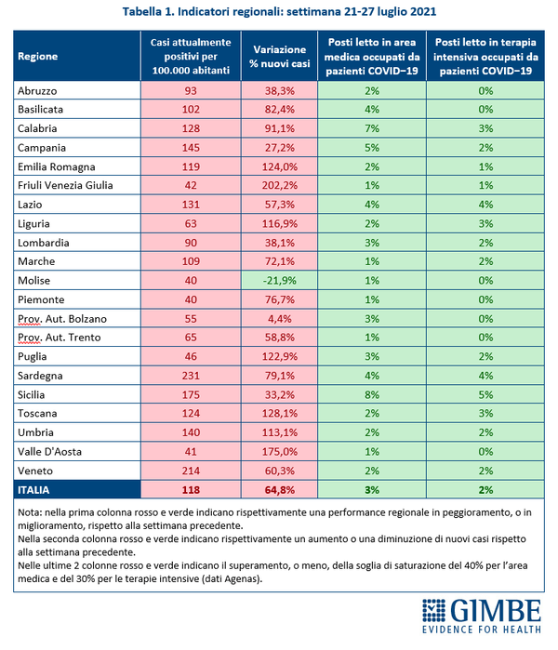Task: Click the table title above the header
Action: pos(278,12)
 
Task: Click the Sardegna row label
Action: pos(39,375)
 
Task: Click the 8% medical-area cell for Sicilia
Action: pos(372,393)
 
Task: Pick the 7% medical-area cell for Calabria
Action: pos(372,128)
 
